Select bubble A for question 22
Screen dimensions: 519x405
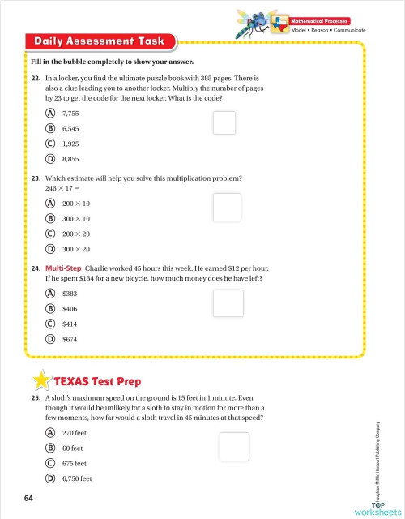[50, 114]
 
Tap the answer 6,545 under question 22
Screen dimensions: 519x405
[71, 128]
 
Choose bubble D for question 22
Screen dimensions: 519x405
[50, 158]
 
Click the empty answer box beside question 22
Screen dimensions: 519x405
[224, 122]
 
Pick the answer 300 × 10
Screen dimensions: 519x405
[76, 218]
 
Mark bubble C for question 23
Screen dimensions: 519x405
[50, 234]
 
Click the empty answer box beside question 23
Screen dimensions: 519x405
[228, 207]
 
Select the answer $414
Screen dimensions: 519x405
[70, 323]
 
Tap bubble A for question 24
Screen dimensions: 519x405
[50, 293]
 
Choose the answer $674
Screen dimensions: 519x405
[70, 338]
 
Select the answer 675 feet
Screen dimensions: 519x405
[73, 463]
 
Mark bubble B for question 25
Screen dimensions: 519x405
[50, 448]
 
